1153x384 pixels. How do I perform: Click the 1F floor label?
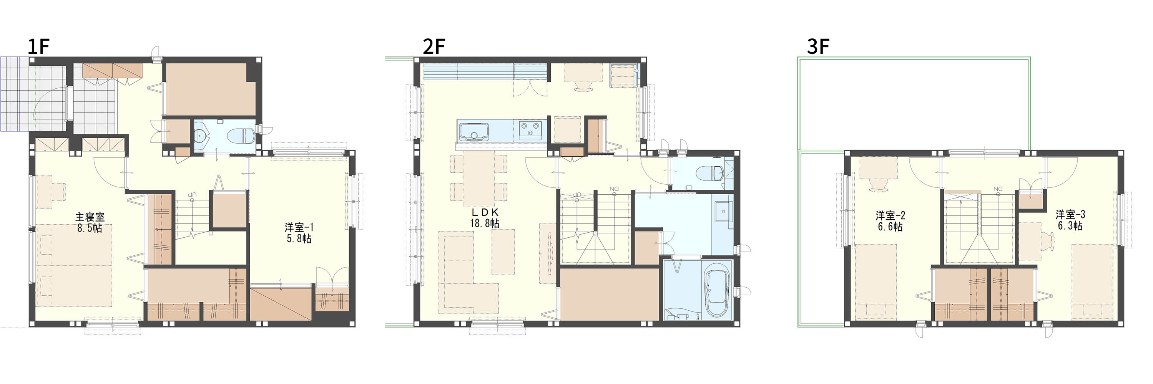click(38, 46)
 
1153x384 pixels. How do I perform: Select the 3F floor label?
click(818, 46)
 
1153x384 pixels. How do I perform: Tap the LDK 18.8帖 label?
click(485, 218)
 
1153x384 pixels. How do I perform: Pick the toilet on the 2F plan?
click(712, 173)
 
